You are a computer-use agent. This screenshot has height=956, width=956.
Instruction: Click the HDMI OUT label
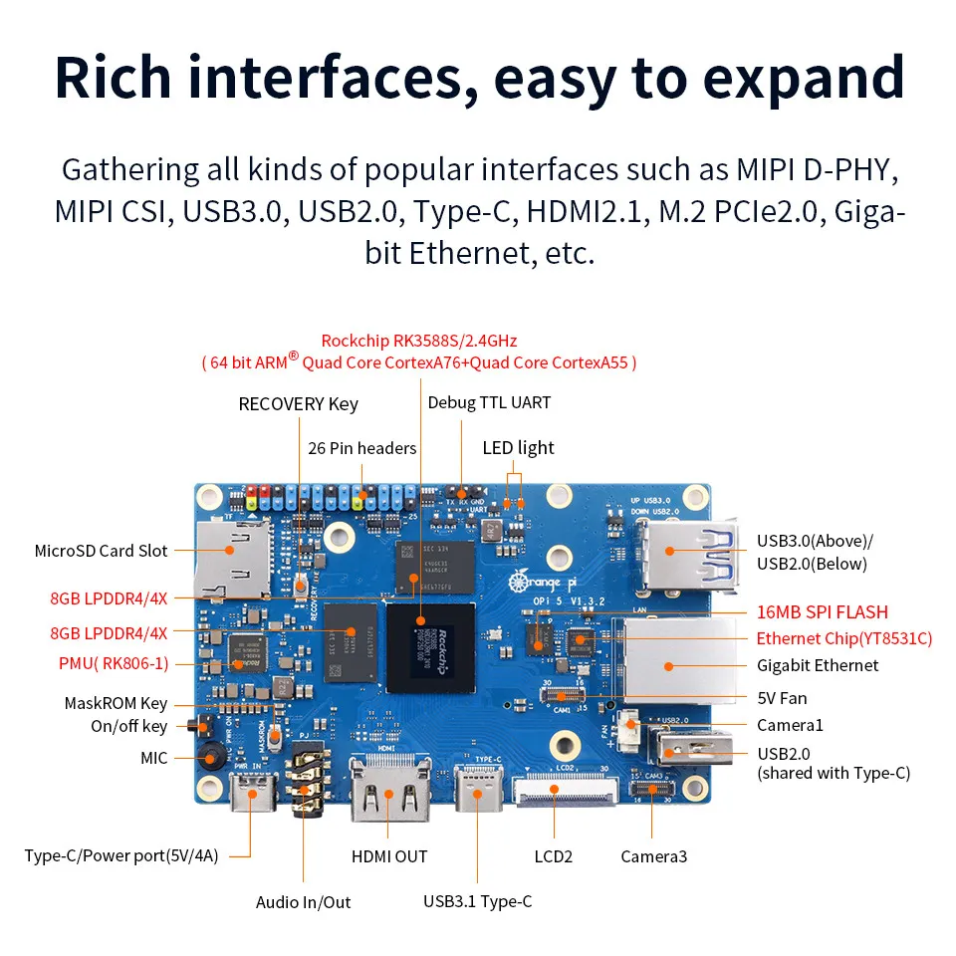click(389, 856)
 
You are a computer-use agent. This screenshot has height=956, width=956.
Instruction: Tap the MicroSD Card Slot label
click(102, 551)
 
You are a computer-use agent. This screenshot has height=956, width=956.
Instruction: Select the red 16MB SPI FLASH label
click(822, 612)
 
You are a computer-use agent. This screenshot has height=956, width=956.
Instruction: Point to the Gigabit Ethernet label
click(818, 665)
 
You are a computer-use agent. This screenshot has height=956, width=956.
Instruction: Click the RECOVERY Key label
click(298, 404)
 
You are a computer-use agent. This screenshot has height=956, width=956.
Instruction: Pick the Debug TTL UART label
click(489, 403)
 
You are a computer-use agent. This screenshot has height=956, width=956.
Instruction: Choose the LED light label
click(518, 448)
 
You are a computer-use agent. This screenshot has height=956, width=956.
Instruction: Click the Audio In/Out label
click(304, 902)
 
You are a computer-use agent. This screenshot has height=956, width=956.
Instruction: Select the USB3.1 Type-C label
click(477, 901)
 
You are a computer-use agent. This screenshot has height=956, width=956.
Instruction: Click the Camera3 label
click(653, 856)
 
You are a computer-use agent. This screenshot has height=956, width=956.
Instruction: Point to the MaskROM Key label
click(116, 703)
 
